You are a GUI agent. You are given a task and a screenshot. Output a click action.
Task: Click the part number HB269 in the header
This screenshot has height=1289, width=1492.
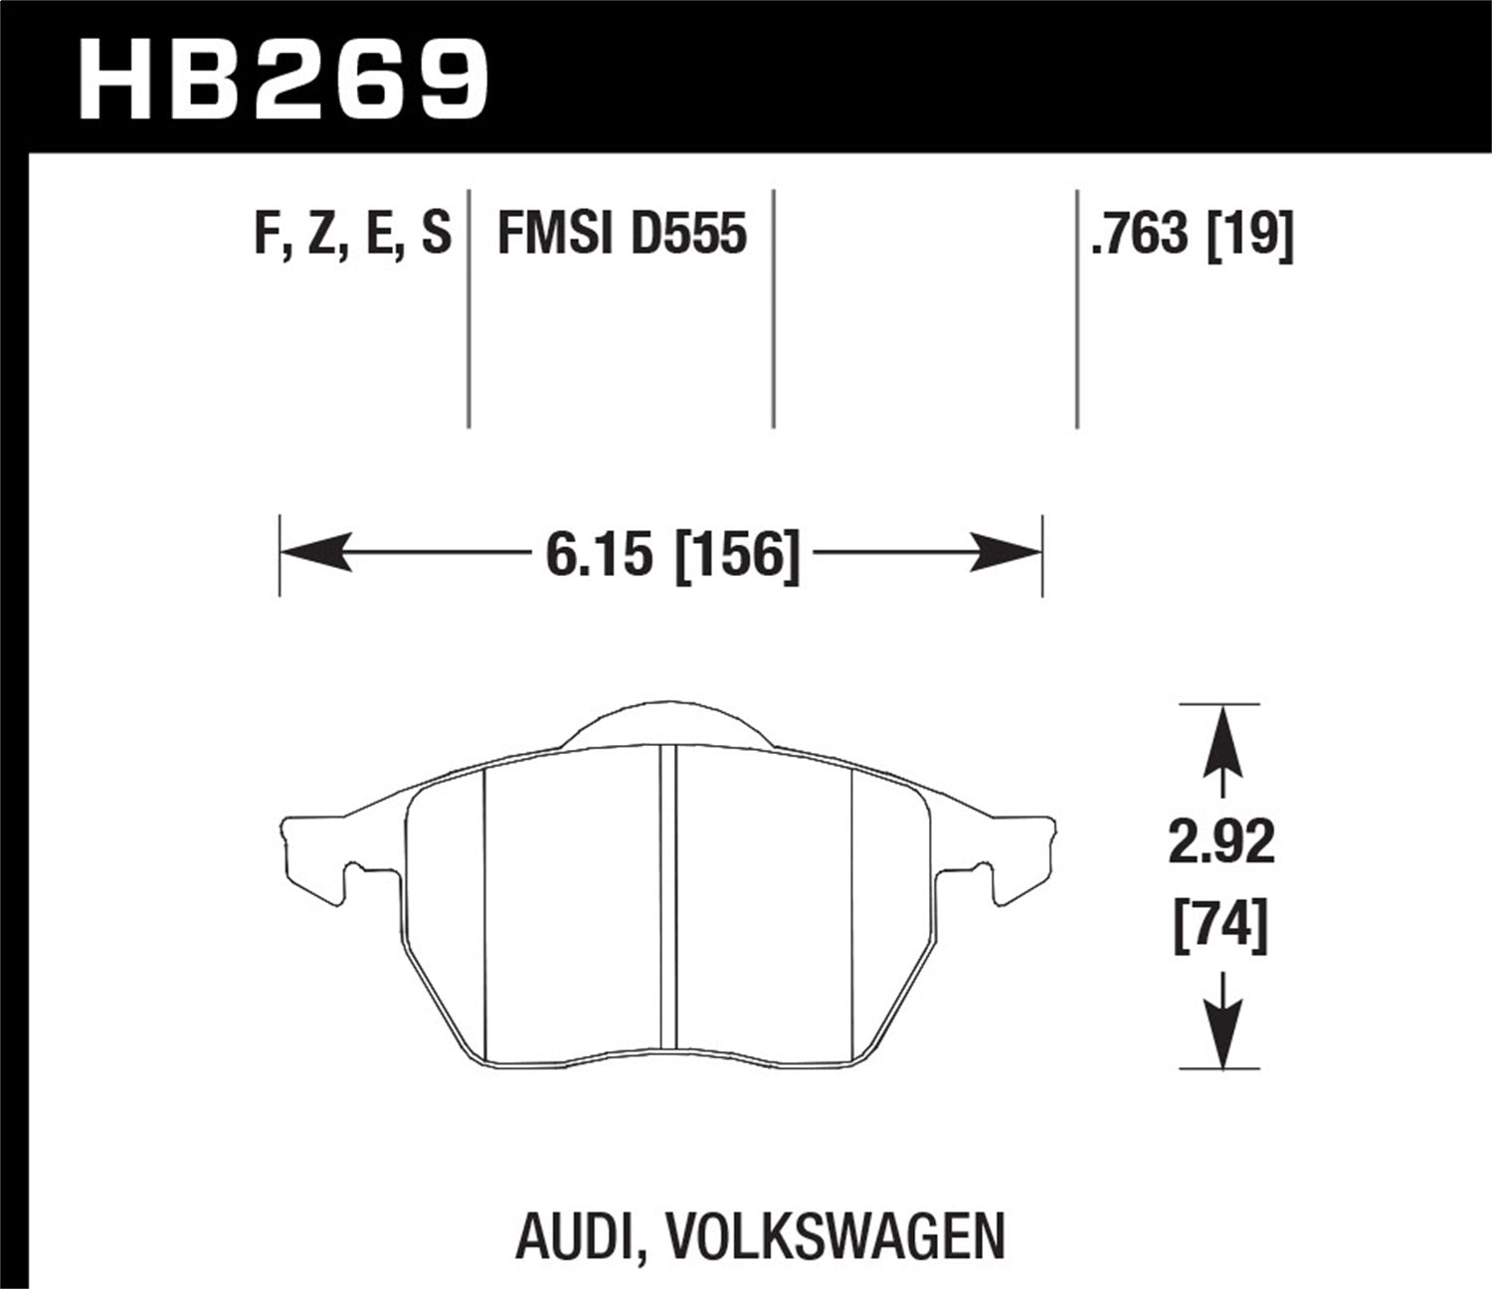point(283,78)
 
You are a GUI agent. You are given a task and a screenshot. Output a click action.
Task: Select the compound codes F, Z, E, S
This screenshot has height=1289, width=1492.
point(352,235)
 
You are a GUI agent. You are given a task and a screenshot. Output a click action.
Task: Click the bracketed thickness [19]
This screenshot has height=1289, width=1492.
point(1249,235)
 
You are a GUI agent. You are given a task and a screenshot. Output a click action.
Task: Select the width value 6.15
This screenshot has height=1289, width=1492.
point(604,554)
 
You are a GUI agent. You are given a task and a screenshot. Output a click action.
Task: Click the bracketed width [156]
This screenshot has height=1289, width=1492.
point(736,554)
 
